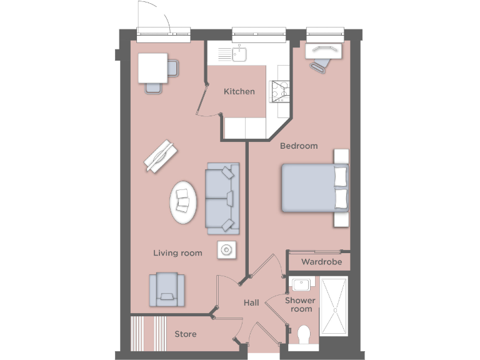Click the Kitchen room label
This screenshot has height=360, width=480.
[239, 91]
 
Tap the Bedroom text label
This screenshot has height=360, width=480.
[299, 146]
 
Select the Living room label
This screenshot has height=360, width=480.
[178, 253]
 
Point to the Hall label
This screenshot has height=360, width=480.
[251, 303]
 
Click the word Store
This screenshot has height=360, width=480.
[186, 334]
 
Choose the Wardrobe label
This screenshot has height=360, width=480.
[322, 262]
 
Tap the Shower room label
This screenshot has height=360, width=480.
[299, 305]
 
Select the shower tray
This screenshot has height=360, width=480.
[334, 306]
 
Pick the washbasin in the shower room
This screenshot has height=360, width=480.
[302, 285]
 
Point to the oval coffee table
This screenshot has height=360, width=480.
[184, 202]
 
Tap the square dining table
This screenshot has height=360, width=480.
[152, 67]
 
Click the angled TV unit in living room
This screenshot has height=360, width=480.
[161, 155]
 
